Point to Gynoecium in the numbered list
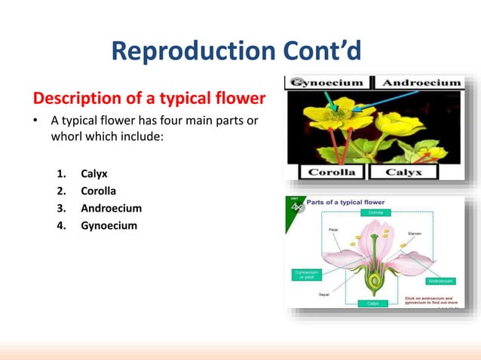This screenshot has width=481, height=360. [109, 224]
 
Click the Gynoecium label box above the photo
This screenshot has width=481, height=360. [329, 81]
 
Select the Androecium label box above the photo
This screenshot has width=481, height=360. [419, 81]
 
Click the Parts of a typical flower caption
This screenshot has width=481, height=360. [345, 203]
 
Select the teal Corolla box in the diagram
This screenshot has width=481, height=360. [375, 213]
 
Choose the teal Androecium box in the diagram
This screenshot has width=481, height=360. [441, 281]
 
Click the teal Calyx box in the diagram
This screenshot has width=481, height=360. [372, 303]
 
